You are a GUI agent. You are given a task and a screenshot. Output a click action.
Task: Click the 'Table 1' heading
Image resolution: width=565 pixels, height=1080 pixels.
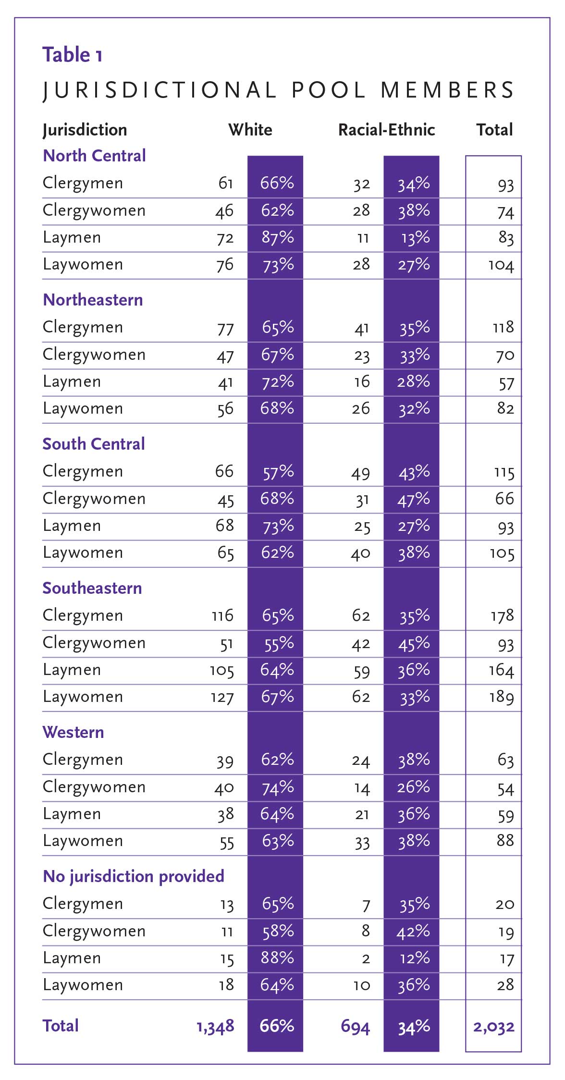(x=72, y=55)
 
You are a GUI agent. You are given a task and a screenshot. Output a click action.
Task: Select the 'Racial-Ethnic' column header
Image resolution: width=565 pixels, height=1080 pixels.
(x=387, y=130)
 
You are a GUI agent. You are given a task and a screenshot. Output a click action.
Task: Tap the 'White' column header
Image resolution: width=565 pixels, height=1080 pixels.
(x=250, y=130)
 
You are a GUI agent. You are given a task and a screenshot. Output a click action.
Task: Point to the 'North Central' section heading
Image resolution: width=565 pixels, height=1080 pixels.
(x=94, y=156)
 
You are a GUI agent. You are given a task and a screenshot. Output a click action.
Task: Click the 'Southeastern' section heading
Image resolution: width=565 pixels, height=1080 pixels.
(x=92, y=588)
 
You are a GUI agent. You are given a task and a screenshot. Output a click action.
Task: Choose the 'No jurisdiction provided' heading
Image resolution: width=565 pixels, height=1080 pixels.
(x=134, y=876)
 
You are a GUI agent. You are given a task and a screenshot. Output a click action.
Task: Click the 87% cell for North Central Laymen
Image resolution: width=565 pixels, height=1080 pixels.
(x=278, y=238)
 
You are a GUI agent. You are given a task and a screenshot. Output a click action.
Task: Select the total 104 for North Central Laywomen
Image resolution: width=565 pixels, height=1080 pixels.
(x=501, y=265)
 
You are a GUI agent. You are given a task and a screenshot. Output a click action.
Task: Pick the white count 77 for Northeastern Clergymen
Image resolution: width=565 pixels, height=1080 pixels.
(x=225, y=328)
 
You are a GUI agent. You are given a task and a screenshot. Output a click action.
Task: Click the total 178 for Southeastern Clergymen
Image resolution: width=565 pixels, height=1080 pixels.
(x=502, y=616)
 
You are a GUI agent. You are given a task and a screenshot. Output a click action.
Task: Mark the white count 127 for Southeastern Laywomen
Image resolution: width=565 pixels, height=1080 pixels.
(x=222, y=697)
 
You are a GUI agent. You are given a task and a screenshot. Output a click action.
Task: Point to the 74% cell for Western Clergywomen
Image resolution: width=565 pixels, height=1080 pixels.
(x=278, y=787)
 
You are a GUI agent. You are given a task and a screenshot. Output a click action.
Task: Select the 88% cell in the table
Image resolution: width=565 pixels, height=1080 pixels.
(x=278, y=958)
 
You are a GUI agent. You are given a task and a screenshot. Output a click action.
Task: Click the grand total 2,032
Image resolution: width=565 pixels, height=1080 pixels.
(x=494, y=1027)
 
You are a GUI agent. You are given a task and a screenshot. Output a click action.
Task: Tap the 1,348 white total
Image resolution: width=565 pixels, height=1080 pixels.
(x=215, y=1027)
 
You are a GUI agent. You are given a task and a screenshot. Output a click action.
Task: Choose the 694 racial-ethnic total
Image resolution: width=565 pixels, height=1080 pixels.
(x=356, y=1027)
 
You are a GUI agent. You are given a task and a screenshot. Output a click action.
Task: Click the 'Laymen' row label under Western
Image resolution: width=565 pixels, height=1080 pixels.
(x=72, y=814)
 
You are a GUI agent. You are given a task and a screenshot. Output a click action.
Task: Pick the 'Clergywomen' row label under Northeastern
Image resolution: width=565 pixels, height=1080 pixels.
(x=94, y=355)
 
